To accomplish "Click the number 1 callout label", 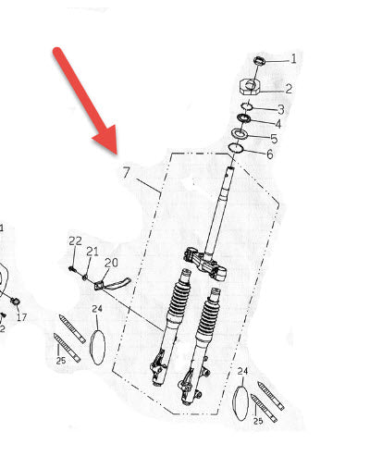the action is pos(293,58).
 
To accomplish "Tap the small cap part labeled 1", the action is pos(260,60).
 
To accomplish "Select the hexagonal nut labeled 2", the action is pos(250,87).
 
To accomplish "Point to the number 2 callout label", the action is pos(289,89).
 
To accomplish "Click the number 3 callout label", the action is pos(280,109).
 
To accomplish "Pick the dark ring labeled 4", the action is pos(244,117).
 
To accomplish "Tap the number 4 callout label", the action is pos(277,124).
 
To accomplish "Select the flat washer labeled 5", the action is pos(240,134).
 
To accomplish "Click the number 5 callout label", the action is pos(274,139).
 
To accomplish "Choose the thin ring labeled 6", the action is pos(236,148).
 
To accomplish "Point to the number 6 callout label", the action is pos(269,154).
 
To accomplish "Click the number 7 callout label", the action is pos(127,172).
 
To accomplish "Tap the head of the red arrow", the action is pos(107,141).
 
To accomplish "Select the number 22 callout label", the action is pos(75,241).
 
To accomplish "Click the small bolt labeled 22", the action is pos(73,269).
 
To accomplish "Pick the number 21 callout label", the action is pos(92,252).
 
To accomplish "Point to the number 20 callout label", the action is pos(111,263).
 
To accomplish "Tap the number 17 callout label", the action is pos(21,317).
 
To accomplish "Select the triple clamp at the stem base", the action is pos(205,263).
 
